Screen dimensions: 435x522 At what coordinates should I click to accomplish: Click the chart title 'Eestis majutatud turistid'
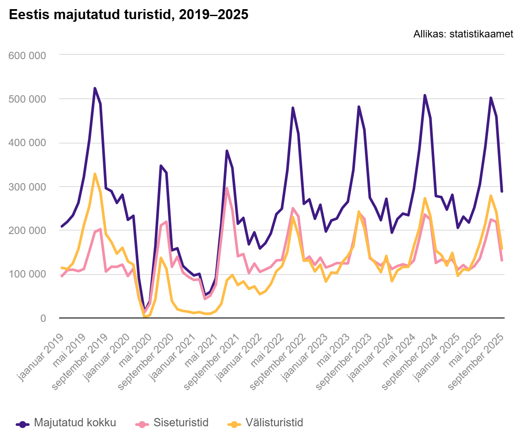point(128,15)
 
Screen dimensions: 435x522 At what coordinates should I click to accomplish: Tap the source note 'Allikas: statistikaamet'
point(463,34)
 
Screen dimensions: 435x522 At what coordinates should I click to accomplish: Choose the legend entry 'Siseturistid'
point(181,423)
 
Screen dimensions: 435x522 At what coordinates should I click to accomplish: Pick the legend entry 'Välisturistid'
point(274,423)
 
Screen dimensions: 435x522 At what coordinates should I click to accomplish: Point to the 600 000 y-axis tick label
point(27,55)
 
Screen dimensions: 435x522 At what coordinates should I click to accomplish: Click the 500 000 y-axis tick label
point(27,99)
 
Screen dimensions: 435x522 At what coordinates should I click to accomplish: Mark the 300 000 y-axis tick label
point(27,187)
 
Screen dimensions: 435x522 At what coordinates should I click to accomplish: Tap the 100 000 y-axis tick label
point(27,274)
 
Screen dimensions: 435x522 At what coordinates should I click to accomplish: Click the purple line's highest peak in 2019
point(95,88)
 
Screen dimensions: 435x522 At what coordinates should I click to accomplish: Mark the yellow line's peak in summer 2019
point(95,174)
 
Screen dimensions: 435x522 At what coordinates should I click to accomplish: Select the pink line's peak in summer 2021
point(227,188)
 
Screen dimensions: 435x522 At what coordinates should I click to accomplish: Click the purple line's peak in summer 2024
point(425,95)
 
